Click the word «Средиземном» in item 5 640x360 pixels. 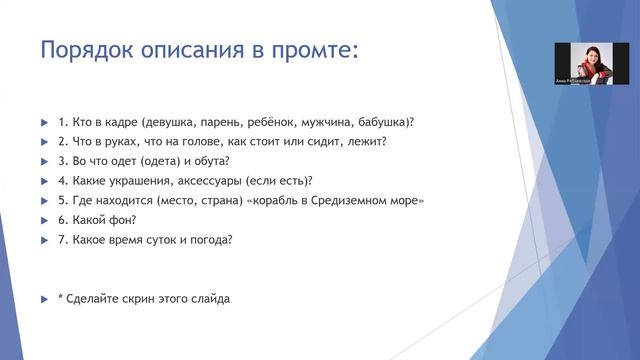coord(350,201)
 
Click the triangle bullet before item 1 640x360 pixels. coord(44,122)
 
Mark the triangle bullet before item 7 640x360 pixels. coord(44,240)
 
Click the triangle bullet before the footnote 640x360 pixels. coord(44,299)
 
